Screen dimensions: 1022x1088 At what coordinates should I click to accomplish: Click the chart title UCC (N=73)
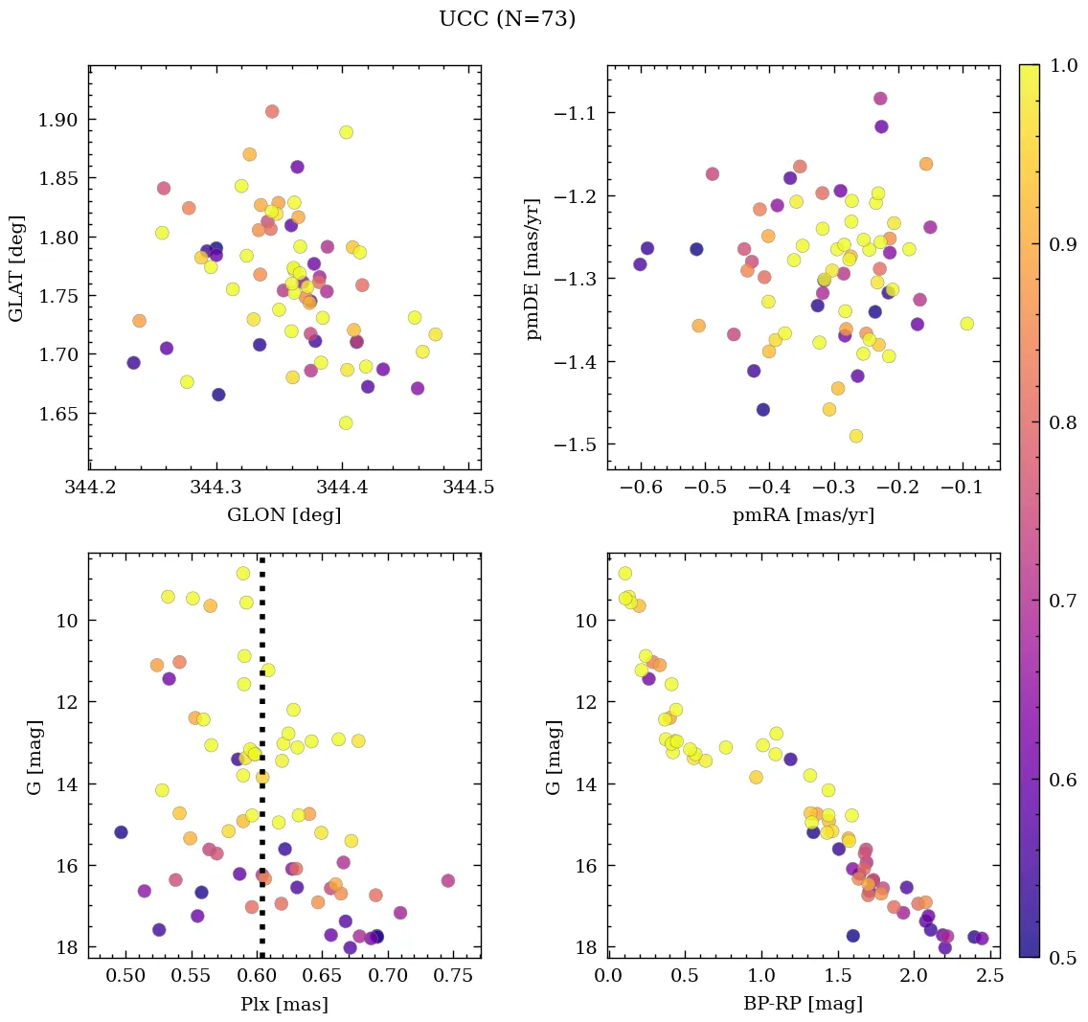(x=507, y=19)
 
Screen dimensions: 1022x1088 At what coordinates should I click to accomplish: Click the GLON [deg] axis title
(x=283, y=514)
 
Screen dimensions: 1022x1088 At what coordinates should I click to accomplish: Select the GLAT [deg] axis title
(x=16, y=267)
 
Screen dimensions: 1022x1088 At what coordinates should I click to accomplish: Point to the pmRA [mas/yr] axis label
(x=804, y=514)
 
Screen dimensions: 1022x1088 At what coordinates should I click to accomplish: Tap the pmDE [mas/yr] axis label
(x=533, y=268)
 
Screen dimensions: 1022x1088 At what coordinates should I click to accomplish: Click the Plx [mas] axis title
(x=283, y=1004)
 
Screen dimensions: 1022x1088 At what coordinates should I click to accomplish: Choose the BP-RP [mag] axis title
(x=804, y=1004)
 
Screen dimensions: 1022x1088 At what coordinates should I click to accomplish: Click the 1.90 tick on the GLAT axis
(x=57, y=120)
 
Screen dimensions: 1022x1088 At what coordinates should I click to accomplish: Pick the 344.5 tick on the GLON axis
(x=468, y=488)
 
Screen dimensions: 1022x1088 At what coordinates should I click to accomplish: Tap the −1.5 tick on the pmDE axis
(x=574, y=445)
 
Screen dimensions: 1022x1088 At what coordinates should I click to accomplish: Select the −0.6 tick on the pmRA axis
(x=642, y=488)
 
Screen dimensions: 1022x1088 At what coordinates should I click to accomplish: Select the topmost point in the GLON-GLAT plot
(x=272, y=111)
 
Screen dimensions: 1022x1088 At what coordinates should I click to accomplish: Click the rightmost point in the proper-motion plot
(x=966, y=324)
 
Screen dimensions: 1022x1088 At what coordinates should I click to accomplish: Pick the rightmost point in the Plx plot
(x=447, y=880)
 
